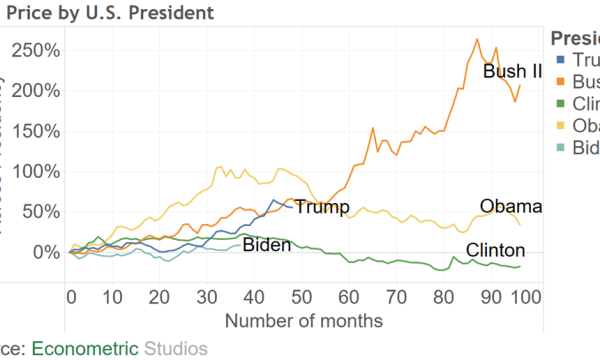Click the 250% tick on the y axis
pos(38,50)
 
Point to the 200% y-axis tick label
pos(38,90)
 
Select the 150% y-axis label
pos(38,131)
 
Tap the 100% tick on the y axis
pos(38,171)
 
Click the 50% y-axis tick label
pos(42,212)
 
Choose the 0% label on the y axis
pos(47,252)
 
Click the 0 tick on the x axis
pos(71,298)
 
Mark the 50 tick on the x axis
pos(301,298)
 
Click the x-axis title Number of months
pos(304,321)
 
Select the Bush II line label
pos(512,72)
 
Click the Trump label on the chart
pos(321,208)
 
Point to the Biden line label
pos(266,246)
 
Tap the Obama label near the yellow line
pos(510,207)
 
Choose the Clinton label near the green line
pos(496,250)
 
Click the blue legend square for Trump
pos(560,61)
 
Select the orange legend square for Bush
pos(560,83)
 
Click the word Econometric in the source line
pos(86,348)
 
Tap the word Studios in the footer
pos(176,348)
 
